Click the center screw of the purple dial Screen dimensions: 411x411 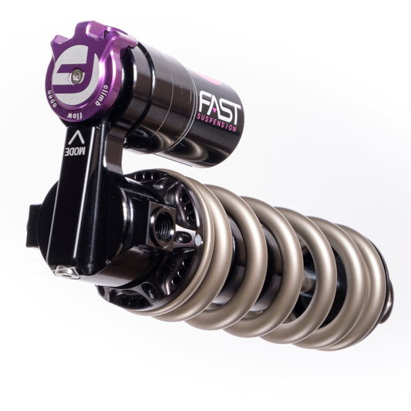click(x=75, y=75)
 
